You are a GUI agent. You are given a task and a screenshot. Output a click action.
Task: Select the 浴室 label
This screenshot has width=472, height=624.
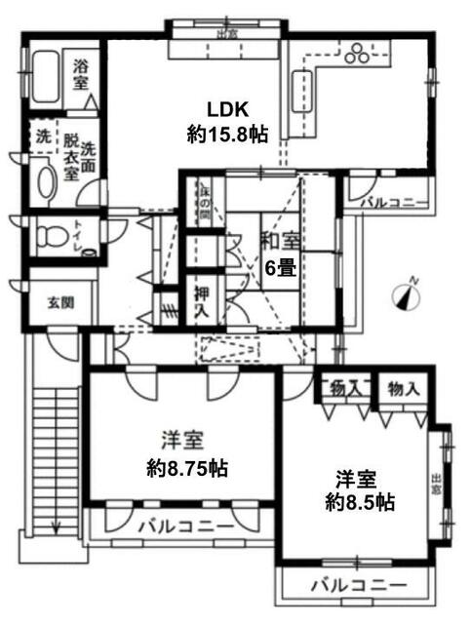pyautogui.click(x=81, y=77)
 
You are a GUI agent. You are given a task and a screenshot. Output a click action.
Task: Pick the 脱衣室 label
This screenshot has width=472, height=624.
pyautogui.click(x=69, y=158)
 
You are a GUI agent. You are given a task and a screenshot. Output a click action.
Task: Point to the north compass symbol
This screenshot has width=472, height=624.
pyautogui.click(x=409, y=293)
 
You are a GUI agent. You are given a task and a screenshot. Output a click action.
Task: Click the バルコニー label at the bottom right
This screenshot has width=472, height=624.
pyautogui.click(x=356, y=586)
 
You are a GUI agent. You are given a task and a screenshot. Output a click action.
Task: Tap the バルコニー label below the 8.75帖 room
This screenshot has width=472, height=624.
pyautogui.click(x=184, y=526)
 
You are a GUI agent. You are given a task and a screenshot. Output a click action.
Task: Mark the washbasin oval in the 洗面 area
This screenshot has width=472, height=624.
pyautogui.click(x=45, y=179)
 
